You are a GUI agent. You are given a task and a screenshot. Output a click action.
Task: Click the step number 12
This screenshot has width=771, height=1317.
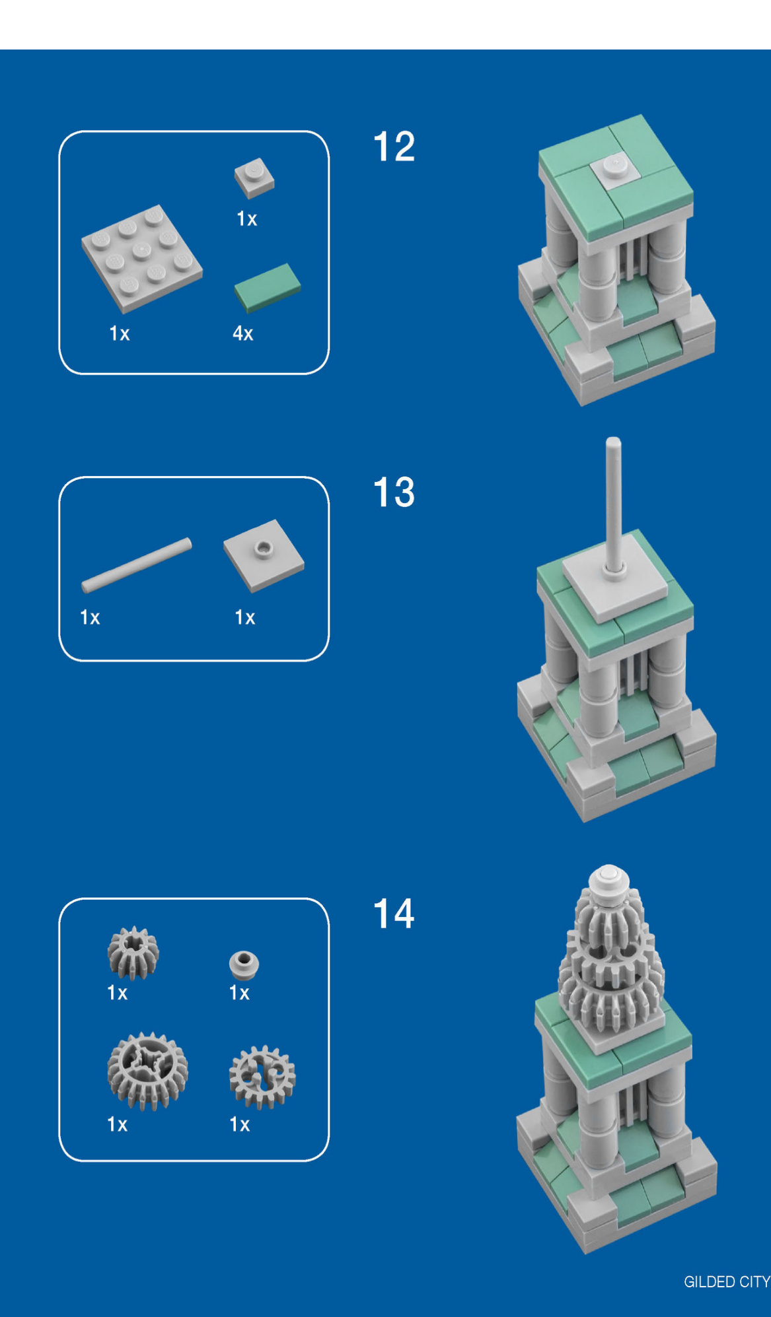tap(394, 147)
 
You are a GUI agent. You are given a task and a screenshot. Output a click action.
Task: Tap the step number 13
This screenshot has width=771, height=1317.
tap(394, 492)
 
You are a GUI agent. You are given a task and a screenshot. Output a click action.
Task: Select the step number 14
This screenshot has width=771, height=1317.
tap(394, 914)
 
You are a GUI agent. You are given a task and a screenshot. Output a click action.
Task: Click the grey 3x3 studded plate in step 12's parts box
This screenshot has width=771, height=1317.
tap(142, 258)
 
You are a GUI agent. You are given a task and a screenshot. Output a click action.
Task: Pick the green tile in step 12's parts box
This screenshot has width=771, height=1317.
tap(268, 287)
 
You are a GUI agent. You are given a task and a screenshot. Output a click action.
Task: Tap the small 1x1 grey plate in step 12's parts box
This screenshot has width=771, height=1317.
tap(254, 178)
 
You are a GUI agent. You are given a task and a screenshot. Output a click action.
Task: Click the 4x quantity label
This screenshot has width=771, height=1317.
tap(242, 333)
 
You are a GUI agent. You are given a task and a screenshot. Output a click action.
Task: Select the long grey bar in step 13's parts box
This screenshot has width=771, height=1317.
tap(137, 564)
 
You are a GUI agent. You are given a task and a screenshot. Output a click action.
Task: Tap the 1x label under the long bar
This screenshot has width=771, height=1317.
tap(90, 617)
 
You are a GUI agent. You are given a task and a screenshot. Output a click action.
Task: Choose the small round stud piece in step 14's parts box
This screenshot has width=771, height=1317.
tap(244, 964)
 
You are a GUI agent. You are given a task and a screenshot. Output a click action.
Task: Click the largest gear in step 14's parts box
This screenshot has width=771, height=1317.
tap(147, 1071)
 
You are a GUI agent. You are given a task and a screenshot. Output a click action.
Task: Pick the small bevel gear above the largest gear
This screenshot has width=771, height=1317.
tap(133, 953)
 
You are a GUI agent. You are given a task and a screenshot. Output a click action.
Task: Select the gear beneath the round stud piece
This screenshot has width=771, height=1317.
tap(262, 1077)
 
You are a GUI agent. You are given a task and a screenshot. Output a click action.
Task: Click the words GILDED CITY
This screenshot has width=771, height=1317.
tap(727, 1282)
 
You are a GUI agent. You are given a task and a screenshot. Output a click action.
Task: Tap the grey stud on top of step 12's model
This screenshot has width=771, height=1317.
tap(614, 163)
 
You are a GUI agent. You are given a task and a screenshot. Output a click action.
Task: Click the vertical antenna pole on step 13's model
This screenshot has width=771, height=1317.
tap(614, 505)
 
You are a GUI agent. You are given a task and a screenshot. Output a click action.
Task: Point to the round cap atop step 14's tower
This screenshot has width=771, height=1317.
tap(608, 879)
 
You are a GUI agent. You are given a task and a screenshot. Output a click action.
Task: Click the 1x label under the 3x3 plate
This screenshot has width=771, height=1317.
tap(120, 333)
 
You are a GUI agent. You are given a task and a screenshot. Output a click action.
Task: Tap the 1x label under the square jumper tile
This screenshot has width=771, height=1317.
tap(245, 617)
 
